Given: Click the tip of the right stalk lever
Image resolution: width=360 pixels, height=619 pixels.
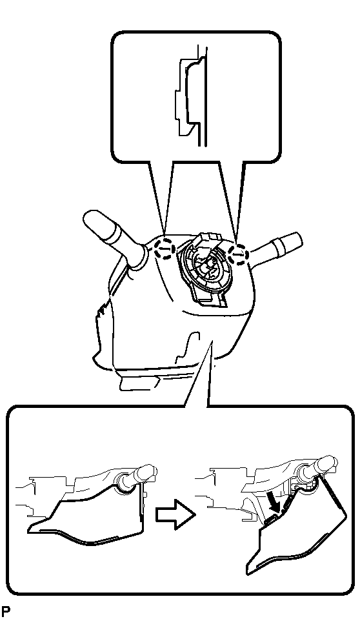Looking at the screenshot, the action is click(x=296, y=238).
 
